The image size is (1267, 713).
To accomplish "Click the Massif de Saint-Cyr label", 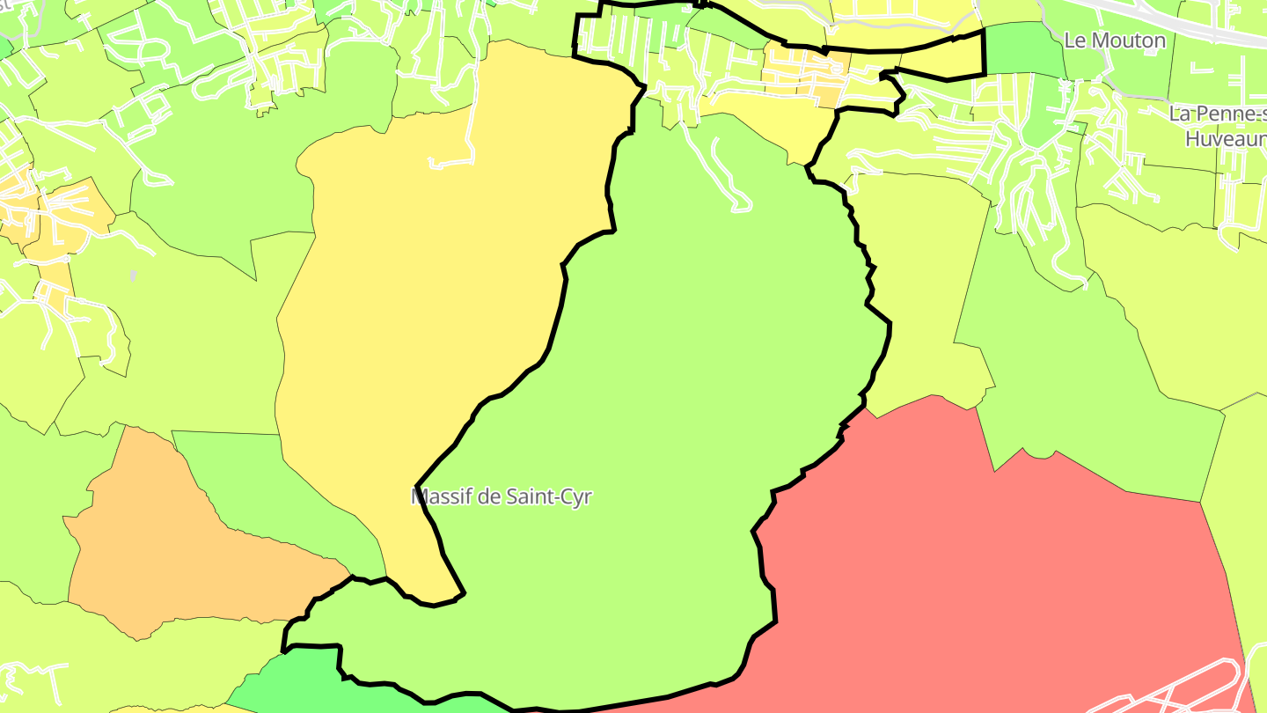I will pos(502,496).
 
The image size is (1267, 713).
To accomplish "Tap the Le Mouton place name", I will pos(1114,40).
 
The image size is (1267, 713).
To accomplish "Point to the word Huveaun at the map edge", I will pos(1225,139).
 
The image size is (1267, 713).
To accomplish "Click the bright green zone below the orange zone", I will pos(290,682).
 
